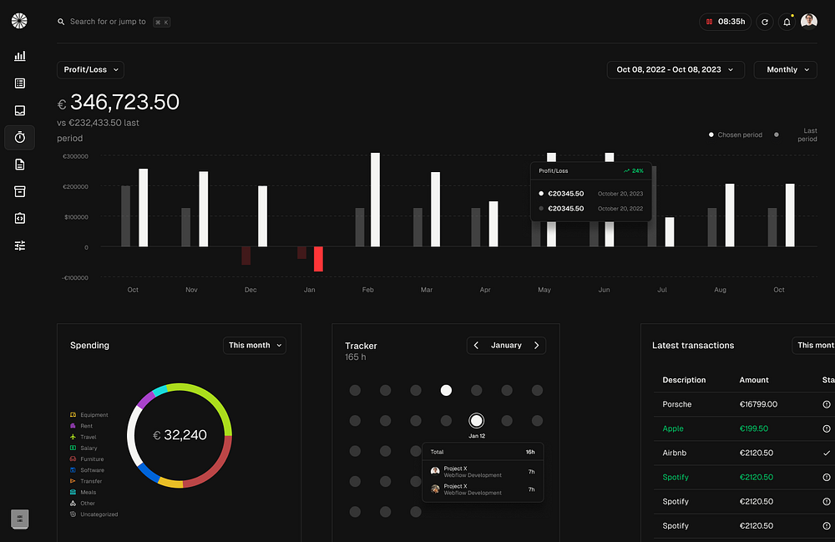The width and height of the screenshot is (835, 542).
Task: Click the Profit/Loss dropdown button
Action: (x=90, y=69)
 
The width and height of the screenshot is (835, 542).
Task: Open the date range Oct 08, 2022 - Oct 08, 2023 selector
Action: (x=675, y=69)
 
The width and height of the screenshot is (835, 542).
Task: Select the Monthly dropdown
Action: (x=785, y=69)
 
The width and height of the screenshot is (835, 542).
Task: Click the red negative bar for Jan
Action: (x=318, y=259)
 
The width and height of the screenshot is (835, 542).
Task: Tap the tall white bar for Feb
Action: (x=375, y=200)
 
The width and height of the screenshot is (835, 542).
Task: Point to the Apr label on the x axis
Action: (x=485, y=290)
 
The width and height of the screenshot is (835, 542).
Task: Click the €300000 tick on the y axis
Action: (x=75, y=156)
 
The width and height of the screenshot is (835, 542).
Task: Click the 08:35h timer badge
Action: (x=725, y=22)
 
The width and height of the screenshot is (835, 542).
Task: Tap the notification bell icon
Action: (x=787, y=22)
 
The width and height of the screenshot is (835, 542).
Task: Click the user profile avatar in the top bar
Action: (x=809, y=22)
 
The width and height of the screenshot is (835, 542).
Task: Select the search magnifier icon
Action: (x=61, y=22)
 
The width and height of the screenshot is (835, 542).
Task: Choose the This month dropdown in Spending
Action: (x=255, y=345)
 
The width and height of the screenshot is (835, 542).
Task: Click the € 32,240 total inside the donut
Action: (x=180, y=435)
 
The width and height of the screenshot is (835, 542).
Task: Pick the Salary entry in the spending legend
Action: (x=89, y=448)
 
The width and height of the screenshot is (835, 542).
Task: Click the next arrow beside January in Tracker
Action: (x=536, y=345)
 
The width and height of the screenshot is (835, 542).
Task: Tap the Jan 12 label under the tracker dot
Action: (x=476, y=436)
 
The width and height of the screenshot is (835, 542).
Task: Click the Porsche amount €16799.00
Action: (x=758, y=404)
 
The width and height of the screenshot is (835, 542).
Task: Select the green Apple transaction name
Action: (x=673, y=428)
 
